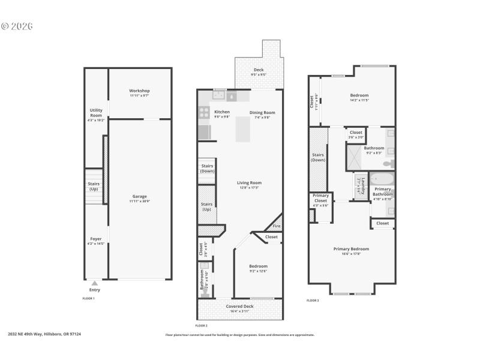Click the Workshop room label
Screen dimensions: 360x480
click(139, 91)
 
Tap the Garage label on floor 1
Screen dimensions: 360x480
click(139, 196)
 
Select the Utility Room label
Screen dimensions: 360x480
click(96, 113)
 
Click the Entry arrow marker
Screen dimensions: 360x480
click(95, 283)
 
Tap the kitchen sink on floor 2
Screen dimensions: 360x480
click(219, 95)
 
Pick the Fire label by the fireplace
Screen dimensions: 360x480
click(276, 226)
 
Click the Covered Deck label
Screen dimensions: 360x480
click(239, 307)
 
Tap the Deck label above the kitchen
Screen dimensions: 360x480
click(259, 70)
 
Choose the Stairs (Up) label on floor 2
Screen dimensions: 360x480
click(206, 206)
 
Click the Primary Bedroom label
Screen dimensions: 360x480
click(351, 248)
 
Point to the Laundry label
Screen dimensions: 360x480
click(362, 187)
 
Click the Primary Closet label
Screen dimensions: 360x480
click(320, 198)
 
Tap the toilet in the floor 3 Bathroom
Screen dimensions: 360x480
click(388, 163)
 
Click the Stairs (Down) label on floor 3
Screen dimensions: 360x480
click(318, 158)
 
